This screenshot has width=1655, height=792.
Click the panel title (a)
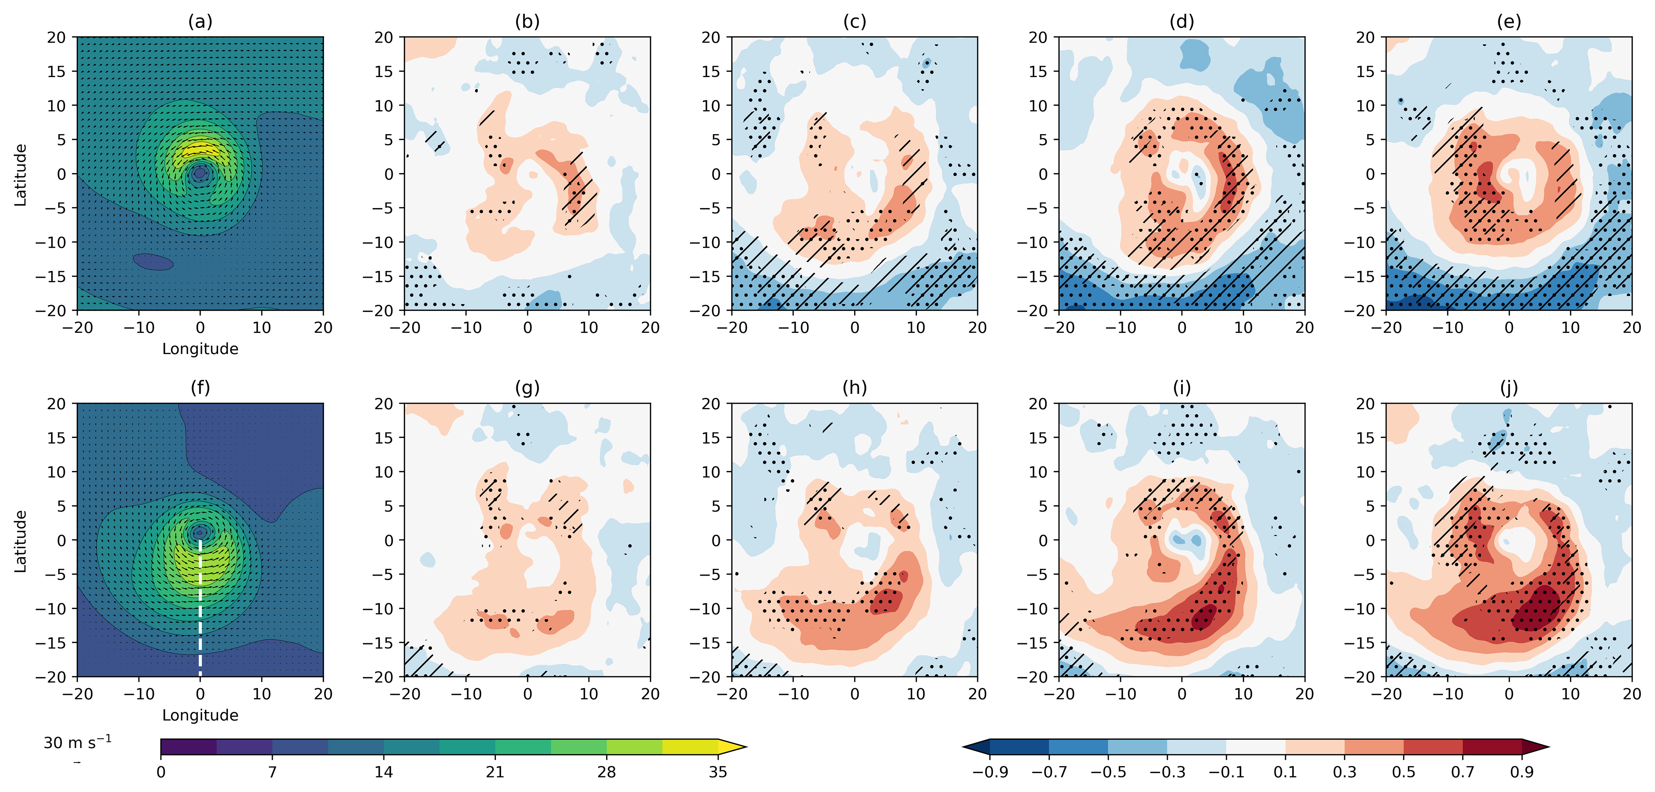click(200, 22)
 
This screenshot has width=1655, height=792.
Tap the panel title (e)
click(1509, 22)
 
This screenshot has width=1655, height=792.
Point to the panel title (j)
click(1509, 388)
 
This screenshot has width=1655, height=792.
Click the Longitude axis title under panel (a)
click(200, 349)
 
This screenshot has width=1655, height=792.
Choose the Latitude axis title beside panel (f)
click(20, 541)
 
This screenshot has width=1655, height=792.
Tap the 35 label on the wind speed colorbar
click(717, 772)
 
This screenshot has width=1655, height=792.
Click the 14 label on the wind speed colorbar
click(384, 772)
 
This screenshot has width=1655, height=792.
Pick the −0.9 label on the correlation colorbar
click(989, 772)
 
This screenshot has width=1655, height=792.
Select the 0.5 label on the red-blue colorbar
click(1403, 772)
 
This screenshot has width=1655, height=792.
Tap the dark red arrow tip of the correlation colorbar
click(1535, 747)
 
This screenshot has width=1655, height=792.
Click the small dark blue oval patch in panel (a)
click(153, 261)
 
